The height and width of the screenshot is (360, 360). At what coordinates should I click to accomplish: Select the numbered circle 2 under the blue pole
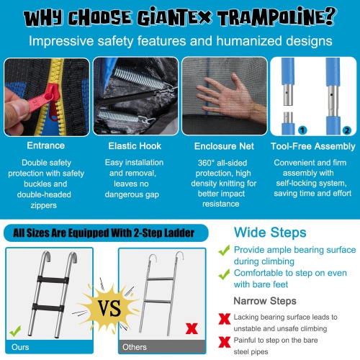coord(346,130)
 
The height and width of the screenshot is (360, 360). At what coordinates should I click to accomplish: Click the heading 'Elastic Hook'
coord(135,145)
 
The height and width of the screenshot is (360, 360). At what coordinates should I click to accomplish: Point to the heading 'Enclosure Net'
coord(222,145)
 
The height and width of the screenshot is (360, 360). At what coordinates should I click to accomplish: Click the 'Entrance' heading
coord(47,145)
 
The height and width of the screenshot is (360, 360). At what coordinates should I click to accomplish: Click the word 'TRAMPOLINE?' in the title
coord(258,15)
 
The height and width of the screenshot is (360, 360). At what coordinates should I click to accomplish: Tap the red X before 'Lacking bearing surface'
coord(225,318)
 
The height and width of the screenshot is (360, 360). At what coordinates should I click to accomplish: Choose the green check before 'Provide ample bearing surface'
coord(226,249)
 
